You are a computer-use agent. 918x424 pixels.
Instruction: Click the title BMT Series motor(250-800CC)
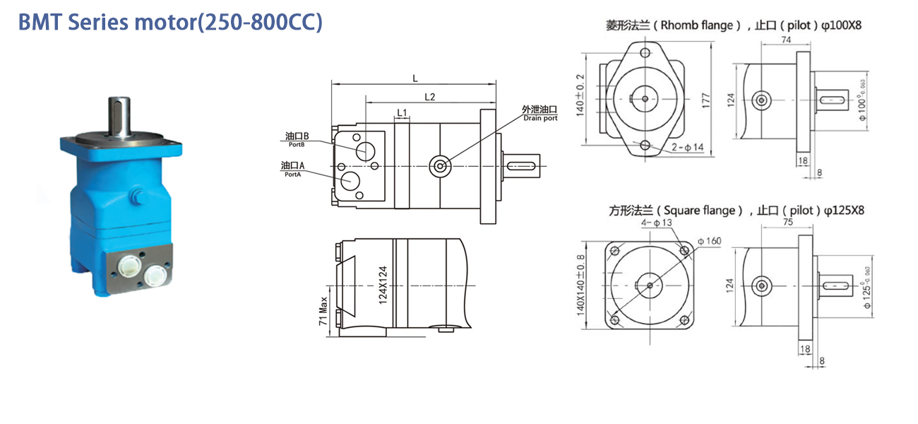tap(170, 22)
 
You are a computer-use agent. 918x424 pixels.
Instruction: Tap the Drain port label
tap(540, 118)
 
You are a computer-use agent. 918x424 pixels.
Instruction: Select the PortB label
tap(297, 145)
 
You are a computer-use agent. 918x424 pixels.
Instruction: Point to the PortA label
tap(292, 175)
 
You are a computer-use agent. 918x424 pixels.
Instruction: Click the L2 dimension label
tap(429, 97)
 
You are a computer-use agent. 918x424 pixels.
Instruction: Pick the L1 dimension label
tap(402, 112)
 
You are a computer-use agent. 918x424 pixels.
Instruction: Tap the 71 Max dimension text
tap(323, 311)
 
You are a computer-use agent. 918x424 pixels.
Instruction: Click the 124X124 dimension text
tap(383, 285)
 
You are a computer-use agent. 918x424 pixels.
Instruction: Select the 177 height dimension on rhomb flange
tap(705, 100)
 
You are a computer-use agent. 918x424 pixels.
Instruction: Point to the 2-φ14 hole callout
tap(687, 147)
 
